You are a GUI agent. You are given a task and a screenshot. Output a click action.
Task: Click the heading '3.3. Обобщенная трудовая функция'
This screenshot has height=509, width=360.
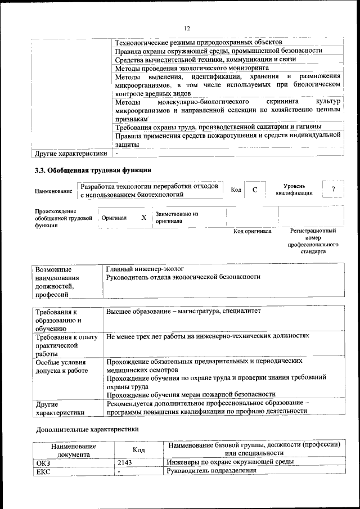pos(92,169)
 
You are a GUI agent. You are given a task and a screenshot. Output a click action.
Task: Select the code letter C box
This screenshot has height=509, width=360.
pos(255,190)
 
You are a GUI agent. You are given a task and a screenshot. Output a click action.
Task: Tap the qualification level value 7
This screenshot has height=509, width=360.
pos(334,190)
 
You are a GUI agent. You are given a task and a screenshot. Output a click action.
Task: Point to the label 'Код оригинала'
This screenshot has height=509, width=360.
pos(253,231)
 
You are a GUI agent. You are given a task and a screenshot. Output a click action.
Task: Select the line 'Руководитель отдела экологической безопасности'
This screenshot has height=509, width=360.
pos(183,277)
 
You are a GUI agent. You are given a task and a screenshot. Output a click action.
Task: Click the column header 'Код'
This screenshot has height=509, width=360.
pos(138,449)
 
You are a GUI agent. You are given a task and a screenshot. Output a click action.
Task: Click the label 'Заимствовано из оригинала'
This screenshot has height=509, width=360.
pos(177,218)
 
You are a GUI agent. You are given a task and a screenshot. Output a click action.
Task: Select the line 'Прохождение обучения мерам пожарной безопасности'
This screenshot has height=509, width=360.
pos(191,394)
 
